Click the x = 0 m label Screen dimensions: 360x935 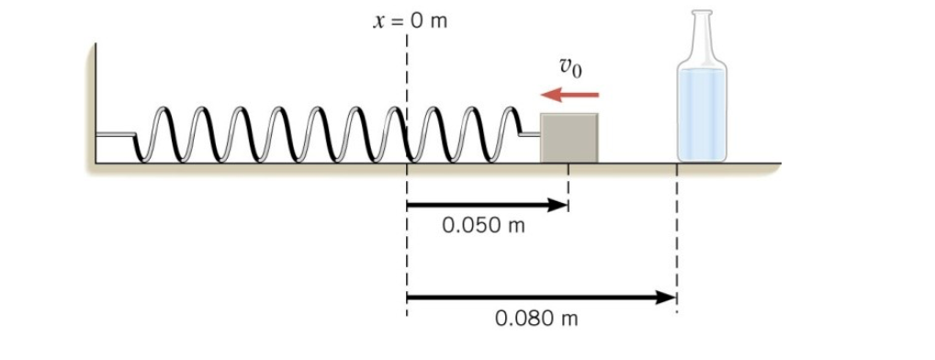(409, 21)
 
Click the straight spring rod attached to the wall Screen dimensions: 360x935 (116, 134)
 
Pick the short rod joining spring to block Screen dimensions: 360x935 (530, 134)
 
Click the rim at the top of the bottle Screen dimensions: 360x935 (703, 13)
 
